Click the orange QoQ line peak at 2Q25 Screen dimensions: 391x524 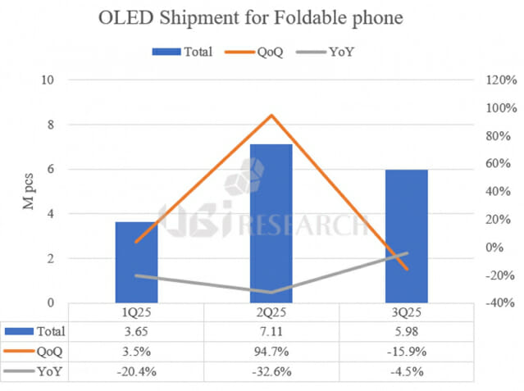(x=271, y=115)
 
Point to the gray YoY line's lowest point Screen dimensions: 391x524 (x=271, y=292)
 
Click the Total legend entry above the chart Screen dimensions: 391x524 (x=182, y=52)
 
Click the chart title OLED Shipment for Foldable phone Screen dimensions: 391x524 (x=262, y=18)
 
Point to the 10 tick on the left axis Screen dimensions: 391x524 (x=48, y=80)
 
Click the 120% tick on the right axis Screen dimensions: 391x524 (x=499, y=80)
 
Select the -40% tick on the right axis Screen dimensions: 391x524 (x=499, y=303)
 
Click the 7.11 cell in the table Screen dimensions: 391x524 (x=271, y=332)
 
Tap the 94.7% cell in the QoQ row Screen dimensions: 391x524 (x=271, y=352)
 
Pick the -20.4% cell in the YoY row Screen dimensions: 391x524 (x=136, y=373)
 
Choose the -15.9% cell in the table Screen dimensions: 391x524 (x=405, y=352)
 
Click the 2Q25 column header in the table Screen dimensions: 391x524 (x=271, y=312)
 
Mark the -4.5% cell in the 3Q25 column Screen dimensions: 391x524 (x=405, y=373)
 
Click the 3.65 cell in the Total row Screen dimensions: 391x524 (x=136, y=332)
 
